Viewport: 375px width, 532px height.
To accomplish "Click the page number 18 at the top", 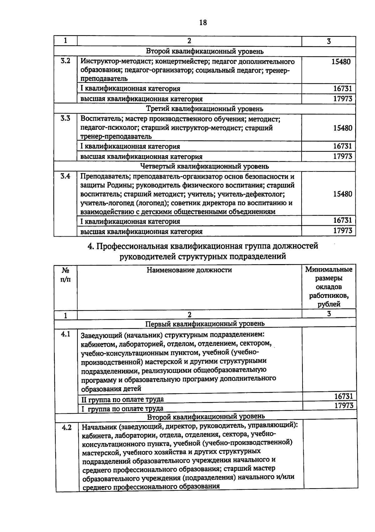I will (203, 23).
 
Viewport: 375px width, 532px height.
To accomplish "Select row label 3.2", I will (65, 61).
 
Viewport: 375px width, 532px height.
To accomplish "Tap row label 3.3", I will (65, 118).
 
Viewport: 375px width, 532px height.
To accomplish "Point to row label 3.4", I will (65, 176).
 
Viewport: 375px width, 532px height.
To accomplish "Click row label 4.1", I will (66, 334).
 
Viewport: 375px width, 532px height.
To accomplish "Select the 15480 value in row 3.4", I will (342, 194).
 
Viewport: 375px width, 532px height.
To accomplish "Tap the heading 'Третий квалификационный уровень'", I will (205, 109).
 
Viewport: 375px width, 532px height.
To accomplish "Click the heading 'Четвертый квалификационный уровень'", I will (205, 166).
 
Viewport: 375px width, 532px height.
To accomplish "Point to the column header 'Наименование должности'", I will (189, 270).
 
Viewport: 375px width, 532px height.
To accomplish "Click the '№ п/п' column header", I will (65, 274).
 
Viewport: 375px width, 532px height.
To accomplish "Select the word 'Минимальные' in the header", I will (329, 269).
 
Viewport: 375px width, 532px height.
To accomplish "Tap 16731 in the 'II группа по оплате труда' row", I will (343, 396).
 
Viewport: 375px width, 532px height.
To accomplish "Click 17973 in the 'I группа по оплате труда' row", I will (344, 406).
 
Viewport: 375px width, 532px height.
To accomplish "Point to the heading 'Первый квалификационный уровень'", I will (205, 323).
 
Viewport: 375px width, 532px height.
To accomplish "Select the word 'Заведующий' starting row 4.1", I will (101, 336).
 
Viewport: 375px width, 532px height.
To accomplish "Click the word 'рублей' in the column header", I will (329, 304).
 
